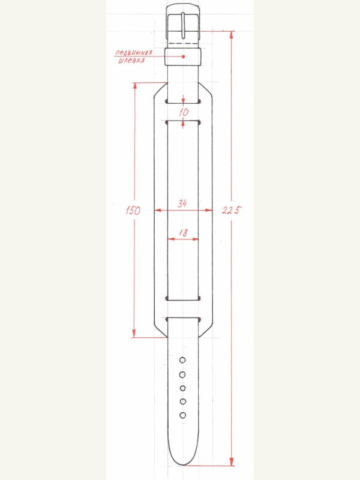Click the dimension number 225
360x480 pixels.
tap(232, 210)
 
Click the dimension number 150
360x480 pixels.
tap(133, 211)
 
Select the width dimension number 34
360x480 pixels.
tap(182, 203)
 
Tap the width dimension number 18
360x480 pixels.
tap(183, 233)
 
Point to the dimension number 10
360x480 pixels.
tap(184, 112)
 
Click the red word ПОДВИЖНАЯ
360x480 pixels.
tap(134, 53)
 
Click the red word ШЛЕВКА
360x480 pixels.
tap(131, 61)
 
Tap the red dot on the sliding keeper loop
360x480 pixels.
tap(184, 56)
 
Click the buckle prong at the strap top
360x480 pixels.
tap(183, 25)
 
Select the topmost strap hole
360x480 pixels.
tap(182, 360)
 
